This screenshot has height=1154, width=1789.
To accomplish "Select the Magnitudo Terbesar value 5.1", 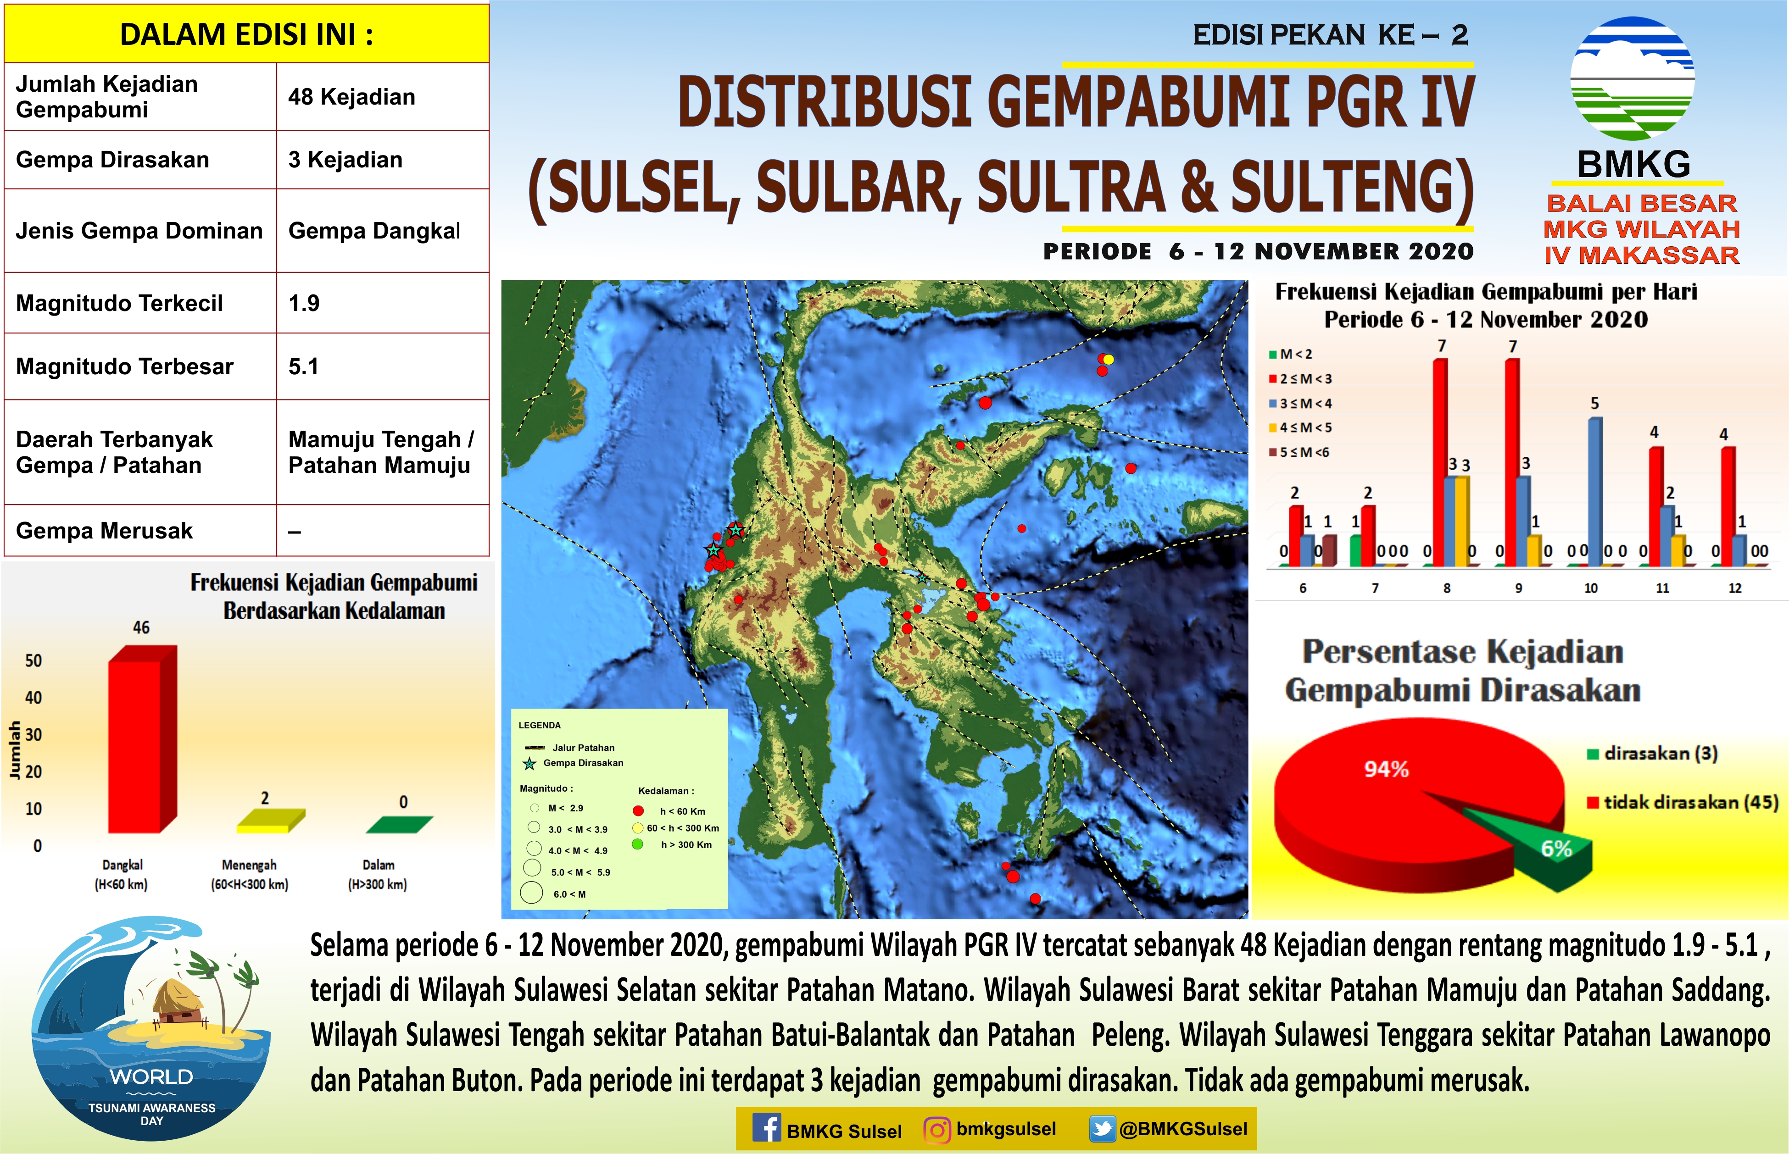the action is click(304, 366).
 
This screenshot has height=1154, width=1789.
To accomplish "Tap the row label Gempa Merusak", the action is click(104, 531).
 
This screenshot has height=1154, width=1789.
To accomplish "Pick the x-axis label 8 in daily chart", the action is click(1447, 588).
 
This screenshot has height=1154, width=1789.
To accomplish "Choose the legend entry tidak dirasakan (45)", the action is click(1683, 803).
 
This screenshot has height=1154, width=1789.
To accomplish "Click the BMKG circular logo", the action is click(1633, 79).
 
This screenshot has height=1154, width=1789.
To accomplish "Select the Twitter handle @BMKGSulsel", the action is click(1183, 1129).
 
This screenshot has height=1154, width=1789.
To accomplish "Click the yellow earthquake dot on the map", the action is click(1109, 360).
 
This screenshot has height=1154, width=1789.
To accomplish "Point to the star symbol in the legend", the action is click(529, 764).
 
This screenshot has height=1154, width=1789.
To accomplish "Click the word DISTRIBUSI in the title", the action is click(825, 103).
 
